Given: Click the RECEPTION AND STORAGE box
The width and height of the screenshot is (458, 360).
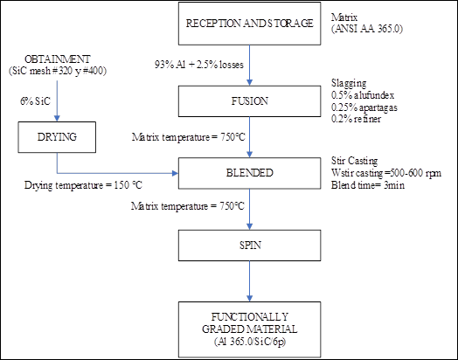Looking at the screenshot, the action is point(249,24).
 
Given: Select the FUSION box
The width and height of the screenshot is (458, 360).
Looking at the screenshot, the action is point(249,101).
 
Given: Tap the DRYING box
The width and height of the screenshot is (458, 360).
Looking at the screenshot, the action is point(57,137).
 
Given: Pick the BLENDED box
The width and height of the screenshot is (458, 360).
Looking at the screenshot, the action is point(249,173).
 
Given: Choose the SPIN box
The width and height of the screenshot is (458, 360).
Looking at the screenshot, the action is point(249,246).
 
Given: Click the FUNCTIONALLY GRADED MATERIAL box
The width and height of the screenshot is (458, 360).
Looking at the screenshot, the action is point(249,329).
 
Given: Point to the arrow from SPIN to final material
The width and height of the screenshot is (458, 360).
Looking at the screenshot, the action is point(249,281).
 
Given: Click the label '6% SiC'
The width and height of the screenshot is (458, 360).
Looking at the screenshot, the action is point(35,101).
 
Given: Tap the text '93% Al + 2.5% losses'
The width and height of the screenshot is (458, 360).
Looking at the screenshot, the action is point(199,65).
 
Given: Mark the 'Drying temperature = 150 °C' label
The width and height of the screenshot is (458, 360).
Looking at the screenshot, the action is point(83,185).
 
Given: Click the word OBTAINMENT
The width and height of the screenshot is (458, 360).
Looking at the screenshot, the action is point(58,59).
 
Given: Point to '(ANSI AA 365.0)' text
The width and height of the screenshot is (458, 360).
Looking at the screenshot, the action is point(367,29).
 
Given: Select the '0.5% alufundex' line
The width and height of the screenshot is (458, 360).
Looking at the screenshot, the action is point(363,95).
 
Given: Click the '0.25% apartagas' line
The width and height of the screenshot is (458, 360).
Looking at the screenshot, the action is point(364,107).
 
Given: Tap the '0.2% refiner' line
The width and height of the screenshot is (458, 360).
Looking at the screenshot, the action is point(356,119).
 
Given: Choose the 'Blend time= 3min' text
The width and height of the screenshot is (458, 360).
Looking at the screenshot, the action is point(368,185).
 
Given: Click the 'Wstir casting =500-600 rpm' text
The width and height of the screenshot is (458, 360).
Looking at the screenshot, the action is point(386,173).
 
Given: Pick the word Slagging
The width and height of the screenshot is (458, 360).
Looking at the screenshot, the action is point(349,83).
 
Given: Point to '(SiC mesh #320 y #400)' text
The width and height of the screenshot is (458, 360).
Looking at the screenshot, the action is point(58,71).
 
